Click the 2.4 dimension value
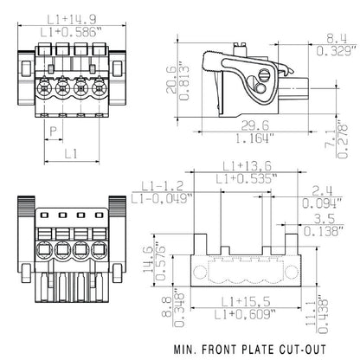tap(321, 192)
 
